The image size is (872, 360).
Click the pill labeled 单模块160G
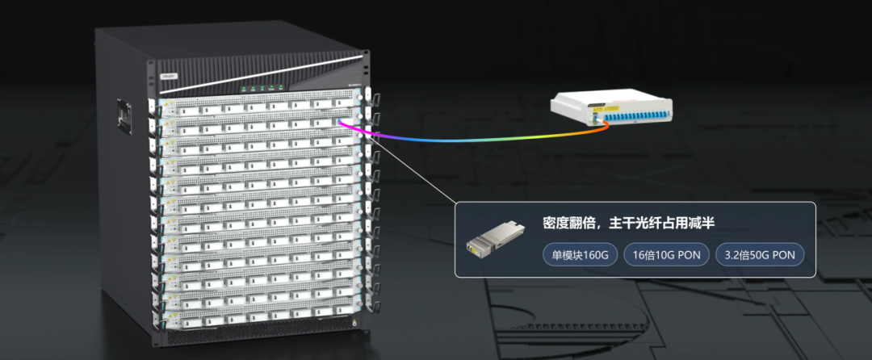coord(581,256)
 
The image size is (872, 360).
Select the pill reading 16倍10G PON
coord(666,256)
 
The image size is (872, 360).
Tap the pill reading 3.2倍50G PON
coord(760,256)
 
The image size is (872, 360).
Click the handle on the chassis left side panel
coord(124,115)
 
